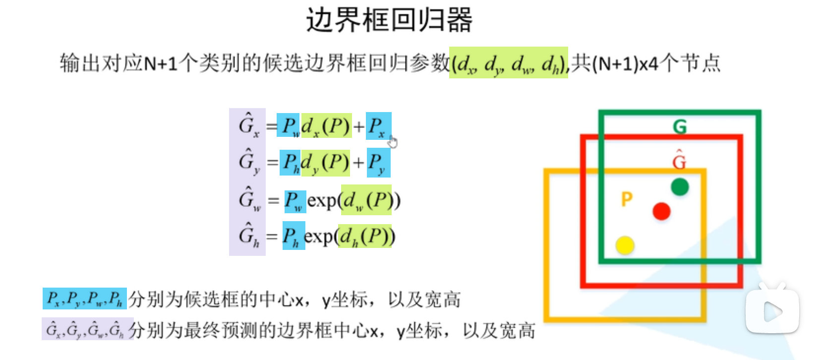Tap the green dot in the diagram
(680, 187)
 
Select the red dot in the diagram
(661, 211)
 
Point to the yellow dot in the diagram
(625, 245)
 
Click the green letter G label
(680, 127)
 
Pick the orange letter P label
(627, 199)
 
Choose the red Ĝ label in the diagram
(679, 161)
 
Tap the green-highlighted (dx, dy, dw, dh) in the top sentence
(508, 63)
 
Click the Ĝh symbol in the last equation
(248, 236)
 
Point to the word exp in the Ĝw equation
(322, 201)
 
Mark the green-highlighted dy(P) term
(325, 163)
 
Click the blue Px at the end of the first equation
(378, 126)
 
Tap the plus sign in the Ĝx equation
(358, 126)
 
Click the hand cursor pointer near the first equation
(393, 142)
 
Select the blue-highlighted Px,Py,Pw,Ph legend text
(84, 299)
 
